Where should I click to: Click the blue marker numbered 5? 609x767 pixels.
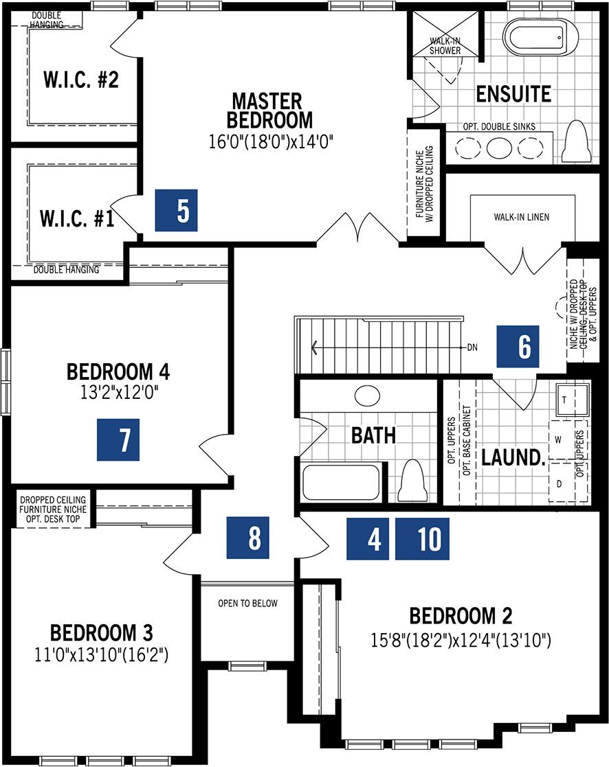click(x=176, y=210)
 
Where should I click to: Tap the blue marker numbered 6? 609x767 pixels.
click(x=518, y=346)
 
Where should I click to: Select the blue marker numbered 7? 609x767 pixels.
click(x=118, y=439)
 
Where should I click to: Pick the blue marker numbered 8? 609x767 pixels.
click(x=247, y=538)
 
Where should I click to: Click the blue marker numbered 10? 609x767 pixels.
click(x=422, y=538)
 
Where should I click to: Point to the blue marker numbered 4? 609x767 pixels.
click(x=368, y=538)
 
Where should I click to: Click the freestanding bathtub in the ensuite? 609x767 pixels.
click(x=540, y=38)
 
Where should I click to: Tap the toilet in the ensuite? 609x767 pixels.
click(x=576, y=141)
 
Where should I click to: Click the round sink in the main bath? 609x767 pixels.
click(x=367, y=396)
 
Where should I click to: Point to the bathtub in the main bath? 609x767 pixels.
click(x=341, y=482)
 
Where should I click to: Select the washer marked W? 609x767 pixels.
click(x=560, y=439)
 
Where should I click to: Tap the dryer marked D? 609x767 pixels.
click(x=560, y=483)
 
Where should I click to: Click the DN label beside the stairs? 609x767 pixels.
click(x=472, y=347)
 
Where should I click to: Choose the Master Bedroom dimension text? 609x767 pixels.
click(x=271, y=142)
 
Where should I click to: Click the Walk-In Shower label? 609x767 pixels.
click(x=445, y=45)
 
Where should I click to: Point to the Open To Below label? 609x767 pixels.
click(x=247, y=603)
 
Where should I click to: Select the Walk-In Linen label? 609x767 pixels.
click(x=522, y=217)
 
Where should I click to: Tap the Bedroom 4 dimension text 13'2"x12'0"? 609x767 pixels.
click(x=120, y=392)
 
